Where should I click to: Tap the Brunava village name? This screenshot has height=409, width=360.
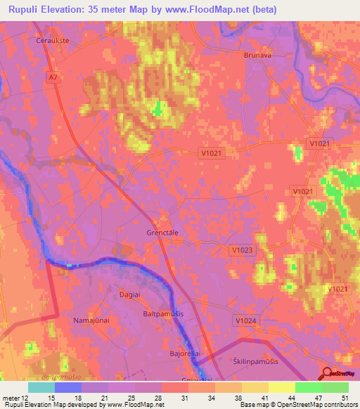(x=257, y=55)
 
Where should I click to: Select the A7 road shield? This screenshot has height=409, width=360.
(x=54, y=77)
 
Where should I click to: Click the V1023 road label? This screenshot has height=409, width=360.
(x=241, y=249)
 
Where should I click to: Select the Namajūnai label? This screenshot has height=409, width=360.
(x=89, y=320)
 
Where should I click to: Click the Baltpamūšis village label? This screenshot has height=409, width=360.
(x=163, y=313)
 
